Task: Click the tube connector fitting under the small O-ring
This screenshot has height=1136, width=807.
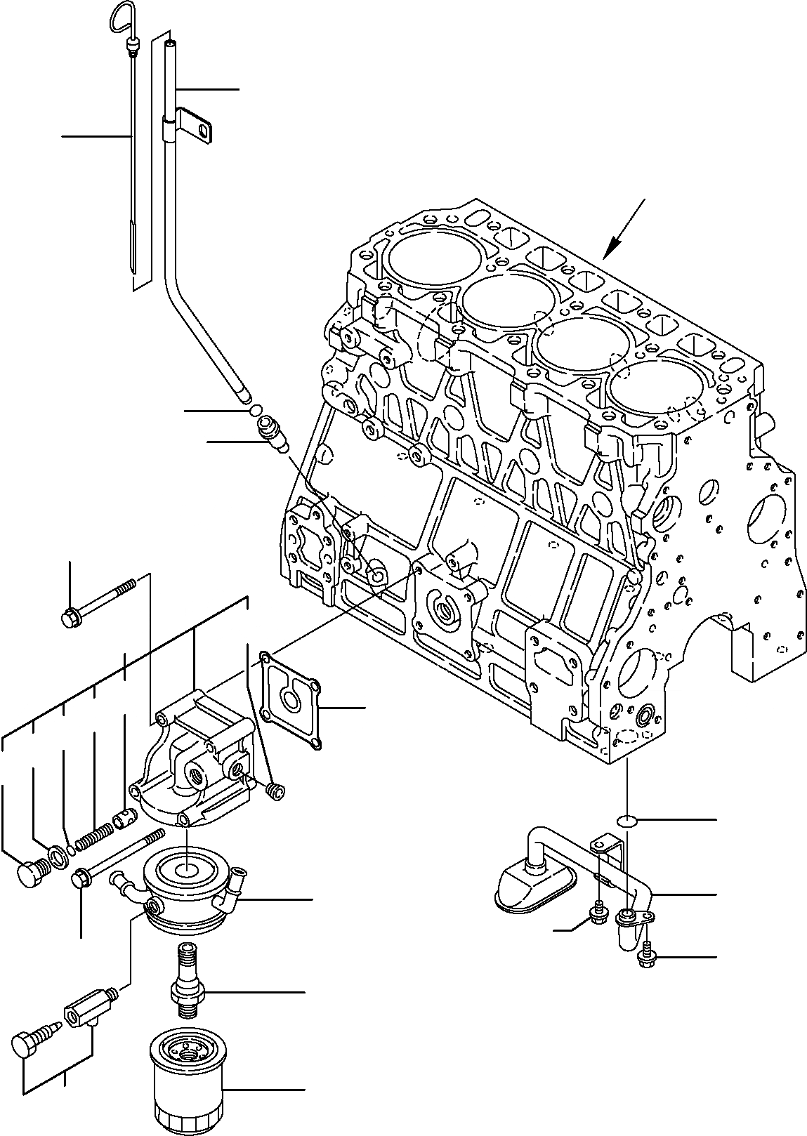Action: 271,432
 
